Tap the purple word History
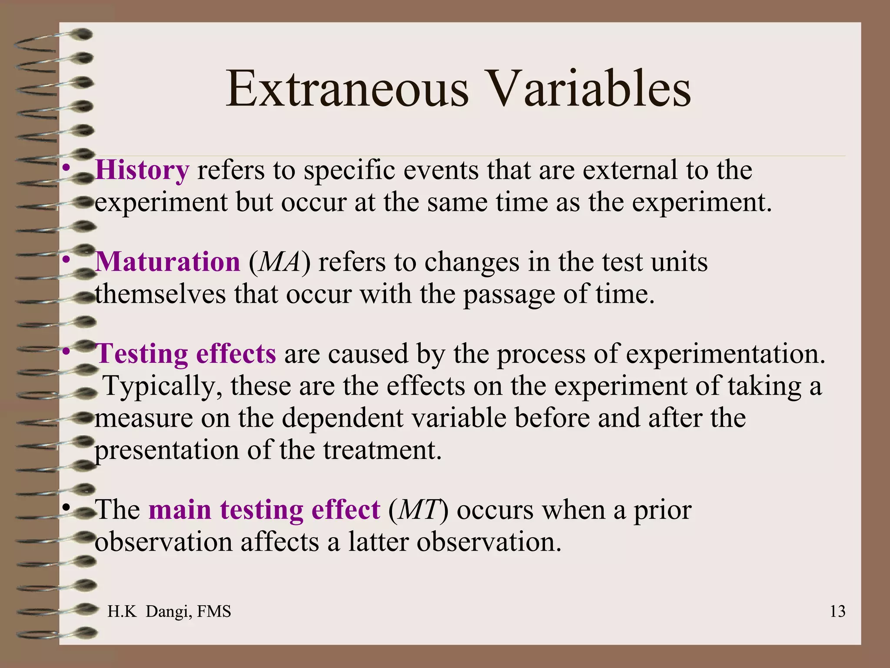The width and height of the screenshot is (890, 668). point(142,170)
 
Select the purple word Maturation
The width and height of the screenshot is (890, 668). point(167,262)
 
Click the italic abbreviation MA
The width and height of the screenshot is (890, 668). point(280,262)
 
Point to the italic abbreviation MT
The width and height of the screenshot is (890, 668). point(418,510)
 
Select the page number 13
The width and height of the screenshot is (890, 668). point(837,611)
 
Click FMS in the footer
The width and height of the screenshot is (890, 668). point(214,611)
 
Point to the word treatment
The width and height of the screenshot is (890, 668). point(382,450)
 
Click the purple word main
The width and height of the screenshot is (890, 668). point(179,510)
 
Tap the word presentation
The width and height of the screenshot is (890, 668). point(167,451)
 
